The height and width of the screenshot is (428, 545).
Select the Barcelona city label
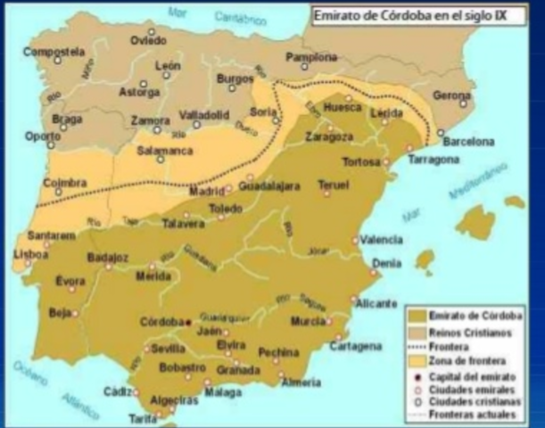click(468, 141)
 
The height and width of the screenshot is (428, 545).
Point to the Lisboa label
click(31, 253)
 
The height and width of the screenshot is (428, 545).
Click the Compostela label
click(54, 51)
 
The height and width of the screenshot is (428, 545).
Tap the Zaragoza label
click(327, 138)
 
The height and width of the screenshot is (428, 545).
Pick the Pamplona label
click(311, 58)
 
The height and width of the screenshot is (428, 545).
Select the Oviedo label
click(149, 40)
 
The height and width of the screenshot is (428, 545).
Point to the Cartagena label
click(355, 346)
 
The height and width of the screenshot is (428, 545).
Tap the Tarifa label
click(143, 417)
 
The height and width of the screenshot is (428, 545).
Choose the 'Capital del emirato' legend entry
click(473, 377)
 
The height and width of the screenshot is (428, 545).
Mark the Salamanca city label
click(161, 151)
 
